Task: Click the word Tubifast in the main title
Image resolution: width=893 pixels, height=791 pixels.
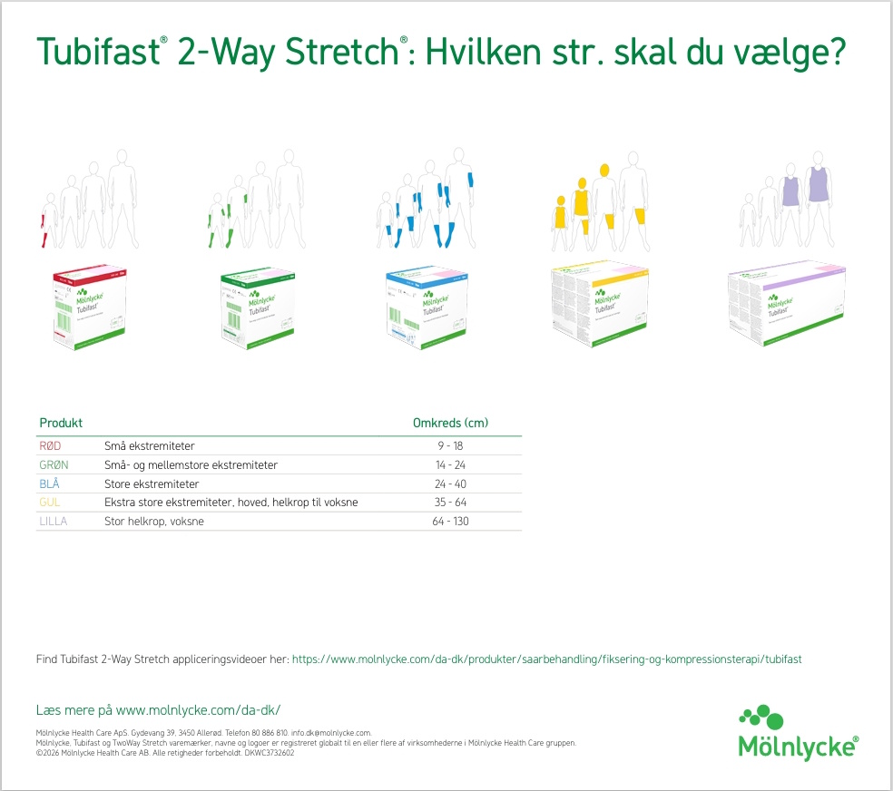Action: click(x=96, y=53)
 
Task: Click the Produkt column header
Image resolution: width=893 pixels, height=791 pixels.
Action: click(x=61, y=423)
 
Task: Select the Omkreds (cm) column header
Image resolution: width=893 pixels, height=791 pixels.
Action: click(x=451, y=423)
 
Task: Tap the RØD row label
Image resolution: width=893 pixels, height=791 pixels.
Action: click(x=50, y=446)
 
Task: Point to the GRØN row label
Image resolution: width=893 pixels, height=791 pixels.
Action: click(x=54, y=465)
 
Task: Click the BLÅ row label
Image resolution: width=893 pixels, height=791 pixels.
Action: click(x=50, y=484)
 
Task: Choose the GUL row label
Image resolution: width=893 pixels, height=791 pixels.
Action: click(x=50, y=503)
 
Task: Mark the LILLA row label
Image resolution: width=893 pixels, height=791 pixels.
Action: click(x=54, y=522)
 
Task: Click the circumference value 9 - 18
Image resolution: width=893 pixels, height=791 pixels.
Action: click(x=451, y=446)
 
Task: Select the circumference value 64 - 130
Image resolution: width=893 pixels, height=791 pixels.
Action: click(x=451, y=522)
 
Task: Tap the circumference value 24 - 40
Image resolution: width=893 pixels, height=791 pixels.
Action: click(x=451, y=484)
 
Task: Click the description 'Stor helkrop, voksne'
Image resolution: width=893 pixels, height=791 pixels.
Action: click(x=152, y=522)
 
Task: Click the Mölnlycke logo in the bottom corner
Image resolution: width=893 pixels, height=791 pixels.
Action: click(x=797, y=733)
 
